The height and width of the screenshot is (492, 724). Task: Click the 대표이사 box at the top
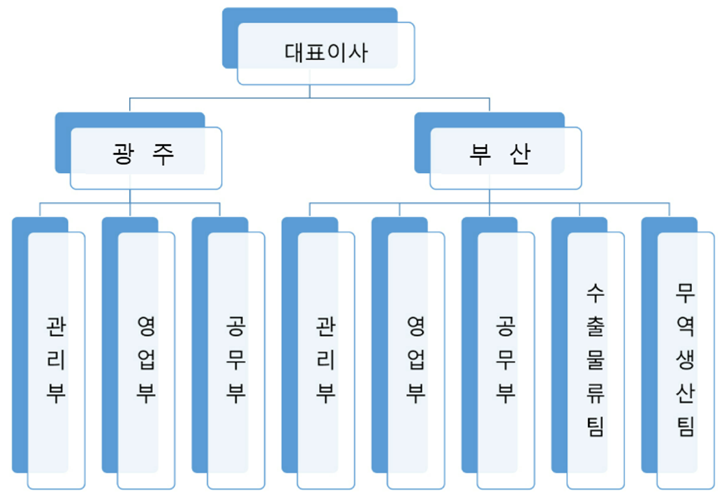(326, 53)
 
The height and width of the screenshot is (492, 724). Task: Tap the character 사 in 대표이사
(359, 53)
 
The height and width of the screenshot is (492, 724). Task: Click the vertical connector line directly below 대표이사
(310, 92)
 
